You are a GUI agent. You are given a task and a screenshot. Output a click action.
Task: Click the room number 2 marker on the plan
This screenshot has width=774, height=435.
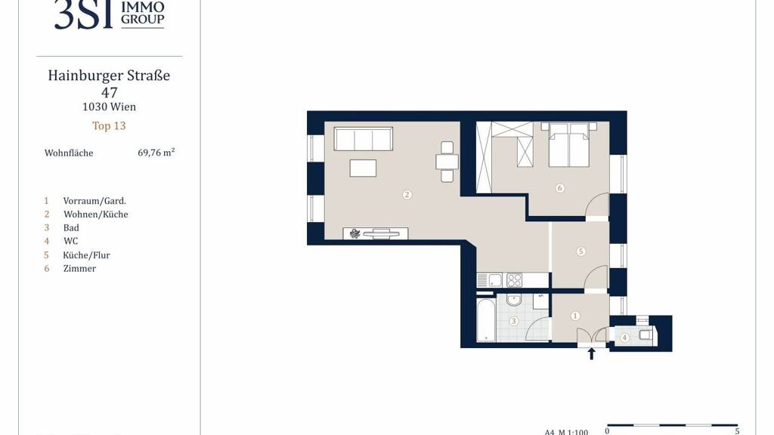pos(407,195)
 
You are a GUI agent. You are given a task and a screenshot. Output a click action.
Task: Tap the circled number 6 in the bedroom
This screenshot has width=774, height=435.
pos(559,188)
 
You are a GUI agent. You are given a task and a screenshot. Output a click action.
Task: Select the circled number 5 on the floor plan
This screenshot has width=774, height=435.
pos(580,251)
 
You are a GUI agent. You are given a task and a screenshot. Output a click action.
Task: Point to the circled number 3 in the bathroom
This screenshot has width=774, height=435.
pos(513,321)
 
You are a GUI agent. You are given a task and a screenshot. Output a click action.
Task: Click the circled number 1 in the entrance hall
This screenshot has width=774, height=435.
pos(575,316)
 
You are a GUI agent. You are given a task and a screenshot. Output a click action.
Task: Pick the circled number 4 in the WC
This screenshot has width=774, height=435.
pos(624,338)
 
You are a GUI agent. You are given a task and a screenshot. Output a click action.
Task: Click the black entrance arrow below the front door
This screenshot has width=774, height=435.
pos(591,353)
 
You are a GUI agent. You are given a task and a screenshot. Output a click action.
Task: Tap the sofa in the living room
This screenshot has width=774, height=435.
pos(364,139)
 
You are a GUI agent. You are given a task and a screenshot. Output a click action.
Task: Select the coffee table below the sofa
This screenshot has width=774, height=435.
pos(363,168)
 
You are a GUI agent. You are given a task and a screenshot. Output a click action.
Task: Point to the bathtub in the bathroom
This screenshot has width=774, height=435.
pos(486,319)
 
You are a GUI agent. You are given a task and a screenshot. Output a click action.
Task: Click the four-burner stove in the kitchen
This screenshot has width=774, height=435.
pos(514,280)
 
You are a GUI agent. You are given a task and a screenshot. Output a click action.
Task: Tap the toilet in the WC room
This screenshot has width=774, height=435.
pos(644,335)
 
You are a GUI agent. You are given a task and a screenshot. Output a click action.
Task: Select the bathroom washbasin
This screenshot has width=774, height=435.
pos(514,299)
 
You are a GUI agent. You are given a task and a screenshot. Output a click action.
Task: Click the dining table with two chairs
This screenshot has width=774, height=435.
pos(447,162)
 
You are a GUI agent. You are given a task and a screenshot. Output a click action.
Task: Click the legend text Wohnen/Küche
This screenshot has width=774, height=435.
pos(96,214)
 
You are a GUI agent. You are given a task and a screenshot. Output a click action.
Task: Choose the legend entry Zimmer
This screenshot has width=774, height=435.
pos(79,268)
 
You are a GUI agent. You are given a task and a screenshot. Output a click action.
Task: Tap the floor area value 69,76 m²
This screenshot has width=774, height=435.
pos(156,153)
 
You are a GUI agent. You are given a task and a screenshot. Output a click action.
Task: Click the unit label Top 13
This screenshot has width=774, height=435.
pos(109,126)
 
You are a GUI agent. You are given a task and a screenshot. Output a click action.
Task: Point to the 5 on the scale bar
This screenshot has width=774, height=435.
pos(737,431)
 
